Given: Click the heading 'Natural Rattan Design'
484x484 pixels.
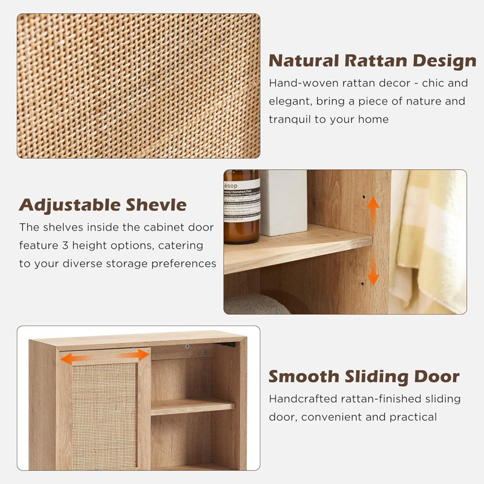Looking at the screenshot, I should point(372,61).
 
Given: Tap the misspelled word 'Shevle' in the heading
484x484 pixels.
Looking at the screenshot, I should point(155,204).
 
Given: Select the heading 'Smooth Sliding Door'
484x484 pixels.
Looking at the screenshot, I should point(364,376).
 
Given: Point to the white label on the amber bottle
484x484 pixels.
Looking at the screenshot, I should point(241,200).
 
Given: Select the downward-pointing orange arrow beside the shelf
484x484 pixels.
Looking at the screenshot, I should point(373,270).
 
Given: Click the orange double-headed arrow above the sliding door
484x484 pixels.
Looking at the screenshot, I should point(105,358).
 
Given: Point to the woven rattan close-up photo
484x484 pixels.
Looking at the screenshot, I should point(139,86).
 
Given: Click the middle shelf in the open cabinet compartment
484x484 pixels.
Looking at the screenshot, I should point(192,407).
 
